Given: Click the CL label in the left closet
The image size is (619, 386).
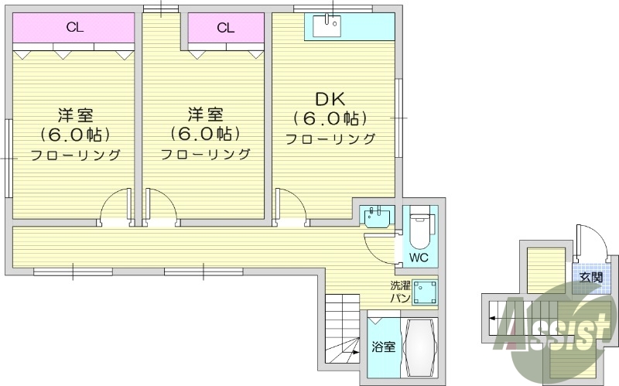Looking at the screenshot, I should coord(74,28).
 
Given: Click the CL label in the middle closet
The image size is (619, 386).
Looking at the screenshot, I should coord(225,28).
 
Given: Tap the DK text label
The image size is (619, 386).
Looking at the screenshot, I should coord(330,99).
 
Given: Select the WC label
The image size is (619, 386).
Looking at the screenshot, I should coord(418,257).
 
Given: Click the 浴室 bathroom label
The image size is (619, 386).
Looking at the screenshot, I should coord(383,347).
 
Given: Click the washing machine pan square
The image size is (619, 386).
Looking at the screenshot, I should coord(424,292).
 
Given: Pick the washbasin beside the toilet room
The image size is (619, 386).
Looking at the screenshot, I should coord(376,214).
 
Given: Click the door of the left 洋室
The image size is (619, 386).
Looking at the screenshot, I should coord(115,207).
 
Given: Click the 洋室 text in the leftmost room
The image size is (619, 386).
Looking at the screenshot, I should coord(74,115).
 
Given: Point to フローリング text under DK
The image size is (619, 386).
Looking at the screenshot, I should coord(330,139).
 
